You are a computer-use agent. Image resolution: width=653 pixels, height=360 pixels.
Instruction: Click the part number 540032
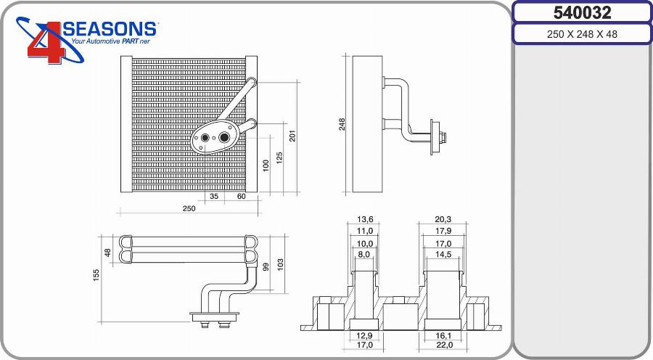pyautogui.click(x=582, y=12)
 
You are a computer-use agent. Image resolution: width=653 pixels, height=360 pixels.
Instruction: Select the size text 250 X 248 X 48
pyautogui.click(x=582, y=34)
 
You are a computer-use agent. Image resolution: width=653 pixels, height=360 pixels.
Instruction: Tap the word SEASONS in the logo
pyautogui.click(x=110, y=29)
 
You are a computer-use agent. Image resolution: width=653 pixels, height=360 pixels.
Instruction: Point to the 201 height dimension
pyautogui.click(x=292, y=136)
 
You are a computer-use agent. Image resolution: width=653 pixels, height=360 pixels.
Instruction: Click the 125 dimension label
pyautogui.click(x=279, y=157)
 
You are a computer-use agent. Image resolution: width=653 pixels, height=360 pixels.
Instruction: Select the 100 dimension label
pyautogui.click(x=266, y=165)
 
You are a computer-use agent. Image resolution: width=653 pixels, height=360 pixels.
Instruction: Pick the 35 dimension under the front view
pyautogui.click(x=214, y=197)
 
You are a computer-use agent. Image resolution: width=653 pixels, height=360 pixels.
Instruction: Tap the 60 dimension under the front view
pyautogui.click(x=241, y=197)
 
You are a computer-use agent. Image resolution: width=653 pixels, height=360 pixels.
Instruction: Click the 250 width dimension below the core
pyautogui.click(x=189, y=208)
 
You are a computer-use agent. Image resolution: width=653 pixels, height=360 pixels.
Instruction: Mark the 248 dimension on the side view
pyautogui.click(x=342, y=124)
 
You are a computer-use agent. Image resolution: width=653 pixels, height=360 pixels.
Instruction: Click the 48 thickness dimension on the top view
pyautogui.click(x=108, y=252)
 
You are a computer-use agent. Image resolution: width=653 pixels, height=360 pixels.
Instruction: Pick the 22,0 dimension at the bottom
pyautogui.click(x=444, y=345)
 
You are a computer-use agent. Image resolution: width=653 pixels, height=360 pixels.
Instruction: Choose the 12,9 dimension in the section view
pyautogui.click(x=364, y=335)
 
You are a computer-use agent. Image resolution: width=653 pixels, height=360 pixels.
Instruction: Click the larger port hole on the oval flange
pyautogui.click(x=225, y=136)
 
